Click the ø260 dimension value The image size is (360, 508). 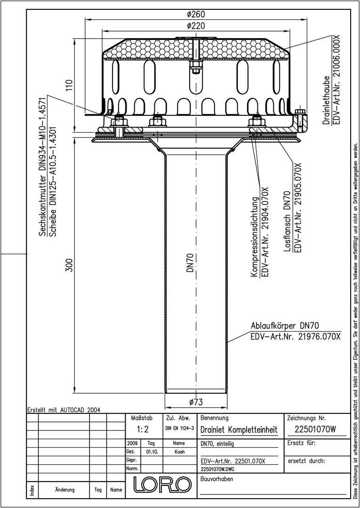coord(196,14)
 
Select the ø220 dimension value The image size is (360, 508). coord(196,26)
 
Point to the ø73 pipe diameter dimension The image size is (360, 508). coord(196,402)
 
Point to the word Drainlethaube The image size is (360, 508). coord(327,100)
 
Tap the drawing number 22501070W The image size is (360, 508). coord(316,429)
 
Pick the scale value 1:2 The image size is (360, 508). coord(143,429)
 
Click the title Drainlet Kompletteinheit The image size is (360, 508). coord(239,430)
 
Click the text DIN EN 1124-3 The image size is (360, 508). coord(179,429)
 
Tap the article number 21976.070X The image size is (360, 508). coord(317,336)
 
